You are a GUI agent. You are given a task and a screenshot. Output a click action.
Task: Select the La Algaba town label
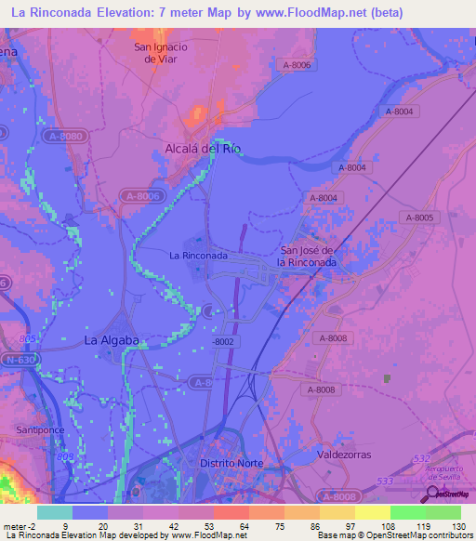112,340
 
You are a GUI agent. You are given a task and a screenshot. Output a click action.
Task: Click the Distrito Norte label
231,463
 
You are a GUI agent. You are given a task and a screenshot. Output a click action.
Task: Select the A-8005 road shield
419,217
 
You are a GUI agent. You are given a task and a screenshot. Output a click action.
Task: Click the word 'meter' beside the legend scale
14,525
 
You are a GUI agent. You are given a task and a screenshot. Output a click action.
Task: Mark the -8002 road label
222,342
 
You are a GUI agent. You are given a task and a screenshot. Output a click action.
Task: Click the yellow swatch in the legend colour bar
372,512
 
